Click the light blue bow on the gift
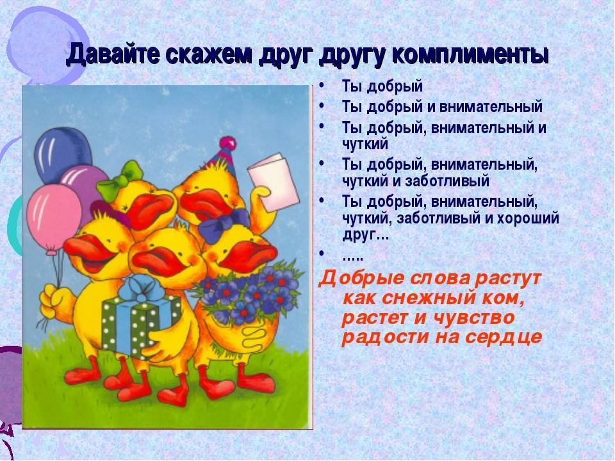pyautogui.click(x=142, y=289)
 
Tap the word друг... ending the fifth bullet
pyautogui.click(x=366, y=236)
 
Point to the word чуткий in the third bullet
pyautogui.click(x=365, y=144)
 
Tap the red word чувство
pyautogui.click(x=474, y=318)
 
